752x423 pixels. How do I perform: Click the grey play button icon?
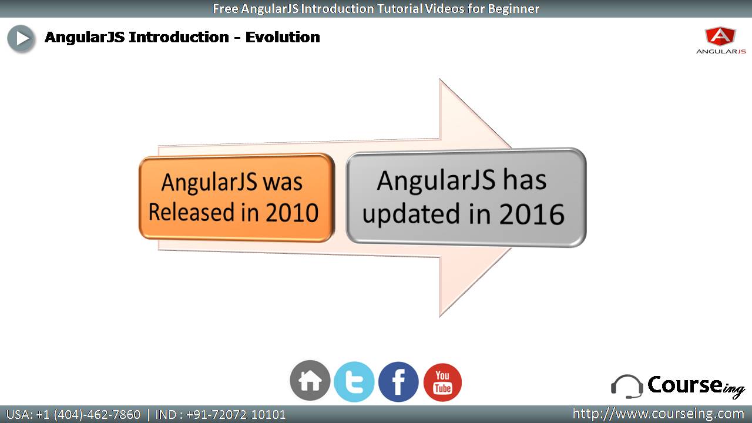point(21,39)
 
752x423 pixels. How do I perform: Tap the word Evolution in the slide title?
point(283,37)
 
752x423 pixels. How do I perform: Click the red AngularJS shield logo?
point(721,36)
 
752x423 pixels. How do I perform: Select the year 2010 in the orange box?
point(292,213)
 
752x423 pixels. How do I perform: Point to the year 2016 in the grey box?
point(532,214)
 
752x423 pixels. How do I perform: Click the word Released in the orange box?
point(192,212)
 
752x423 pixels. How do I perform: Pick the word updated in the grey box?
point(411,214)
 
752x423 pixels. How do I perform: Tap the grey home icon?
point(310,381)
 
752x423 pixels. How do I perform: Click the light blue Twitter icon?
point(354,381)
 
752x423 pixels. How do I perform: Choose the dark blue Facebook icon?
point(398,382)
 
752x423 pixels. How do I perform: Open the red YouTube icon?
point(442,382)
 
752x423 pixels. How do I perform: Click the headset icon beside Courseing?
point(627,387)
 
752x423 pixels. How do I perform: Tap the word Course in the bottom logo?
point(685,385)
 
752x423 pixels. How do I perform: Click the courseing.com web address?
point(658,414)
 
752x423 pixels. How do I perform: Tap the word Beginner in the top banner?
point(513,9)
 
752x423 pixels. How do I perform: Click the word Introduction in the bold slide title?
point(179,37)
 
